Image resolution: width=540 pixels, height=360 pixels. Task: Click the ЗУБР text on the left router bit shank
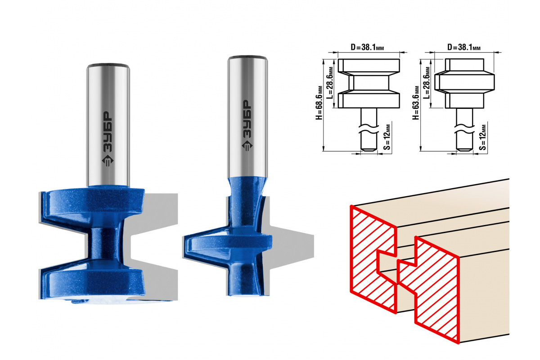tap(108, 132)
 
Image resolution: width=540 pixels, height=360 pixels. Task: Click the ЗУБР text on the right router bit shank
tap(247, 119)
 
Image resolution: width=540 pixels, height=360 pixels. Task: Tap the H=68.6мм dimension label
tap(319, 103)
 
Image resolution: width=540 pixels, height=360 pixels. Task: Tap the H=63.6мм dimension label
tap(416, 103)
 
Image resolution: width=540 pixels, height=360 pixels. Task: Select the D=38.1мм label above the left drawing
tap(367, 47)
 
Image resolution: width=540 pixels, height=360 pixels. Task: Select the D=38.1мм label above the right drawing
tap(464, 47)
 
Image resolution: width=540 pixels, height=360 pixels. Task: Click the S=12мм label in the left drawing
tap(387, 137)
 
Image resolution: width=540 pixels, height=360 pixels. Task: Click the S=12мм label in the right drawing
tap(482, 137)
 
